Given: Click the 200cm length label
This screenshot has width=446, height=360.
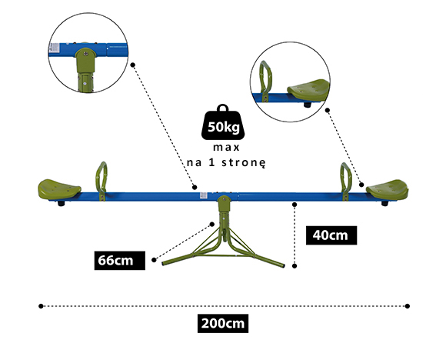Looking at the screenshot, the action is click(223, 324).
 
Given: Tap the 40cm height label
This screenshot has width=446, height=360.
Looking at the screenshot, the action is click(331, 235).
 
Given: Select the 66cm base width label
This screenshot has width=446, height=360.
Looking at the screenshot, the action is click(120, 261).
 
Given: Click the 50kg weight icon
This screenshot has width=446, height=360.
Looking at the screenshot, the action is click(223, 122).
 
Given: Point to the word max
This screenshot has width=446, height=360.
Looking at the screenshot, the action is click(226, 148).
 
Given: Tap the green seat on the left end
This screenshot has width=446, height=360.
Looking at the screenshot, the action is click(59, 188).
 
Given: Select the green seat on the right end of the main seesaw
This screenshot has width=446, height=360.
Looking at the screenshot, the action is click(388, 188).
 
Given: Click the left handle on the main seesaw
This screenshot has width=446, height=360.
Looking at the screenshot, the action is click(102, 181).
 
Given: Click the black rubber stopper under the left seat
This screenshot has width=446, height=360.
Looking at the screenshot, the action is click(61, 204).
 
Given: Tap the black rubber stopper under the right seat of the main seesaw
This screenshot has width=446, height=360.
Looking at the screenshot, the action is click(384, 204).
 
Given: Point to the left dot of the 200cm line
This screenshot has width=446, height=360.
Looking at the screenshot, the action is click(41, 306).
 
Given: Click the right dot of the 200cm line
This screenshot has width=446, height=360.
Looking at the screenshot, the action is click(408, 306).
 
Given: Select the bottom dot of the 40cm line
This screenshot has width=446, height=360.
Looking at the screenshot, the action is click(295, 266).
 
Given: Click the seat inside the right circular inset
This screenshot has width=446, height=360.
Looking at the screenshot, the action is click(309, 90).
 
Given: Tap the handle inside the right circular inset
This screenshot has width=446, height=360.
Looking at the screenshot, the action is click(265, 80).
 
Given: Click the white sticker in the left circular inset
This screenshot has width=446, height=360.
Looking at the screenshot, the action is click(54, 48).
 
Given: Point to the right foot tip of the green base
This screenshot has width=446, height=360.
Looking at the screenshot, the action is click(283, 265).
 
